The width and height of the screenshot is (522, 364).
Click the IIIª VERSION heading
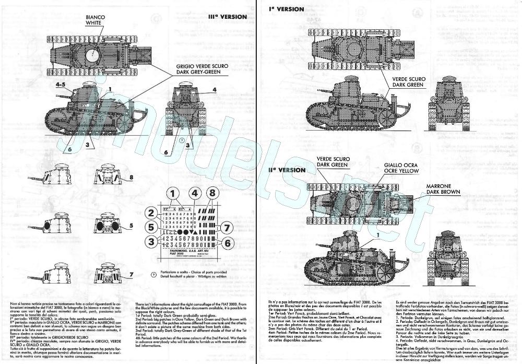(x=227, y=17)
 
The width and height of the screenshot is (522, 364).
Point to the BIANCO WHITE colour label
(x=96, y=20)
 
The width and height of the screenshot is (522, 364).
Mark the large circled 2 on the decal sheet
(x=152, y=213)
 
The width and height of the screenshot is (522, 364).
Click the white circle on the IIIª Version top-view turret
(x=93, y=53)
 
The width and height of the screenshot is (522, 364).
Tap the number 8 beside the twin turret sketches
(x=132, y=177)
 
